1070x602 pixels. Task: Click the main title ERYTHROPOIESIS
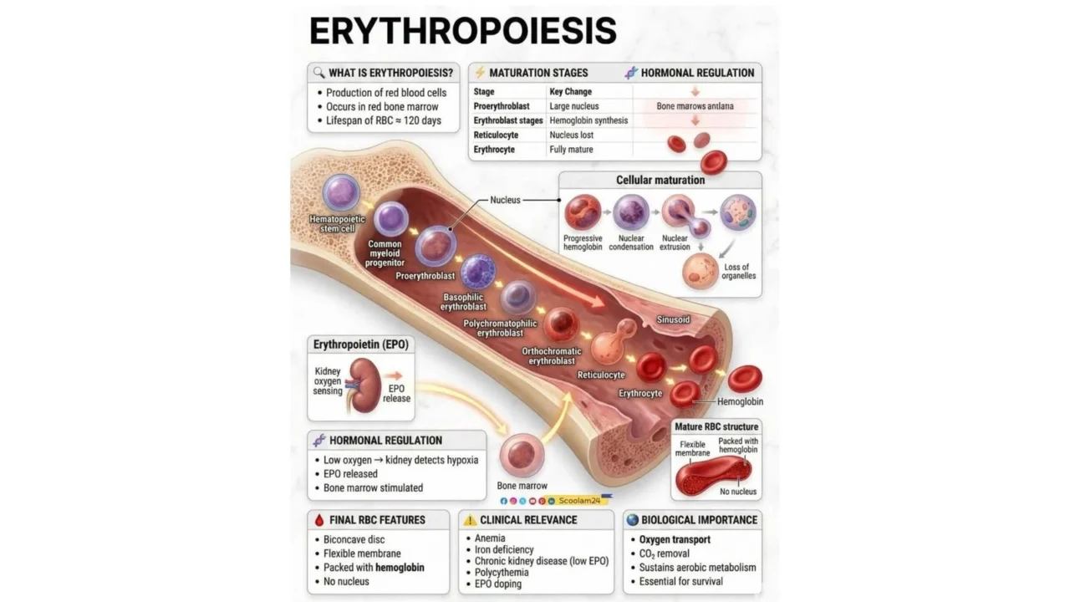tap(462, 31)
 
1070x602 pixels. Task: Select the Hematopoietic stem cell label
tap(337, 223)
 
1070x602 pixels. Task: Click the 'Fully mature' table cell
tap(571, 150)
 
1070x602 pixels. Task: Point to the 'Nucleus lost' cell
tap(571, 135)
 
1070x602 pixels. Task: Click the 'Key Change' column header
tap(570, 92)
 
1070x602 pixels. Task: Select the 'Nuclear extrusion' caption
tap(675, 242)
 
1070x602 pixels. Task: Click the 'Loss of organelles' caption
tap(740, 272)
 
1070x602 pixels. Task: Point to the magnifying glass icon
tap(318, 72)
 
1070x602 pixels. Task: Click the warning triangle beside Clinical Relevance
tap(470, 520)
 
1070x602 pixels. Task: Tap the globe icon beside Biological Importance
tap(632, 519)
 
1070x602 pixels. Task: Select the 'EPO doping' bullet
tap(497, 584)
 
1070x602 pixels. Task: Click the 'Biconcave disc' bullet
tap(354, 539)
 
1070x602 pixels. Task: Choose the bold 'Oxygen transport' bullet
tap(675, 539)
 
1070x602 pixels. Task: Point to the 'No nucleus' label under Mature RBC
tap(737, 492)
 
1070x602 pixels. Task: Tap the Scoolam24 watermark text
tap(579, 500)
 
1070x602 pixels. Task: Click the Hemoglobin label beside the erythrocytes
tap(740, 401)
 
